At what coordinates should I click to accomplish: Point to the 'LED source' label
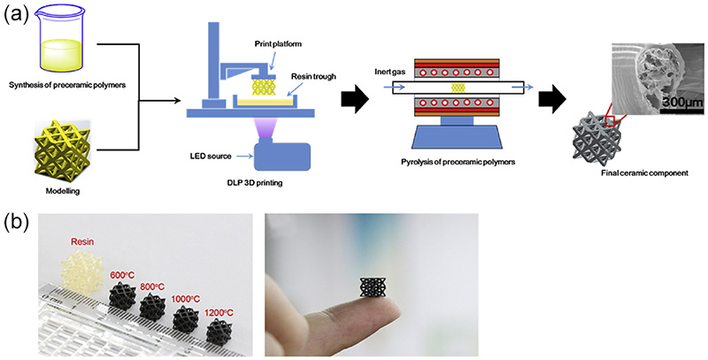[x=212, y=156]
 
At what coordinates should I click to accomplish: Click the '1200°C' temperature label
[x=219, y=311]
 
